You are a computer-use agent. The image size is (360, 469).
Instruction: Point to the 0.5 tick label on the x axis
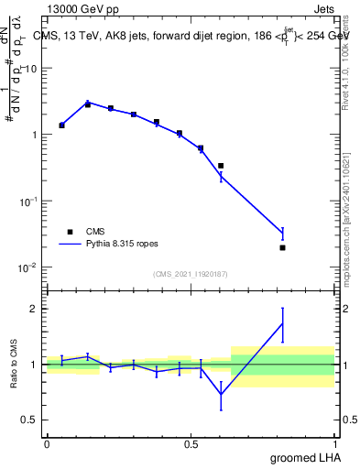[191, 444]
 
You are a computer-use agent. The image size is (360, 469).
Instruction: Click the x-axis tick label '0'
[47, 444]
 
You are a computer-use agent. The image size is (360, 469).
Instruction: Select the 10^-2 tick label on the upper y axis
[27, 267]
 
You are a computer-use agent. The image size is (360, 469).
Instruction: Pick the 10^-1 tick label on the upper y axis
[27, 201]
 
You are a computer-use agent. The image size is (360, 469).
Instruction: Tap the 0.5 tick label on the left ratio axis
[29, 420]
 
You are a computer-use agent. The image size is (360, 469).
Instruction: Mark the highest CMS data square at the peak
[88, 104]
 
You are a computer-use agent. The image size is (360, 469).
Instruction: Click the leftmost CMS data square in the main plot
[61, 125]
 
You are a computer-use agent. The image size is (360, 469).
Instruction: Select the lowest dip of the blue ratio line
[221, 395]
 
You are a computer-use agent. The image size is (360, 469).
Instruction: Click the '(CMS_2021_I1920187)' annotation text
[190, 274]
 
